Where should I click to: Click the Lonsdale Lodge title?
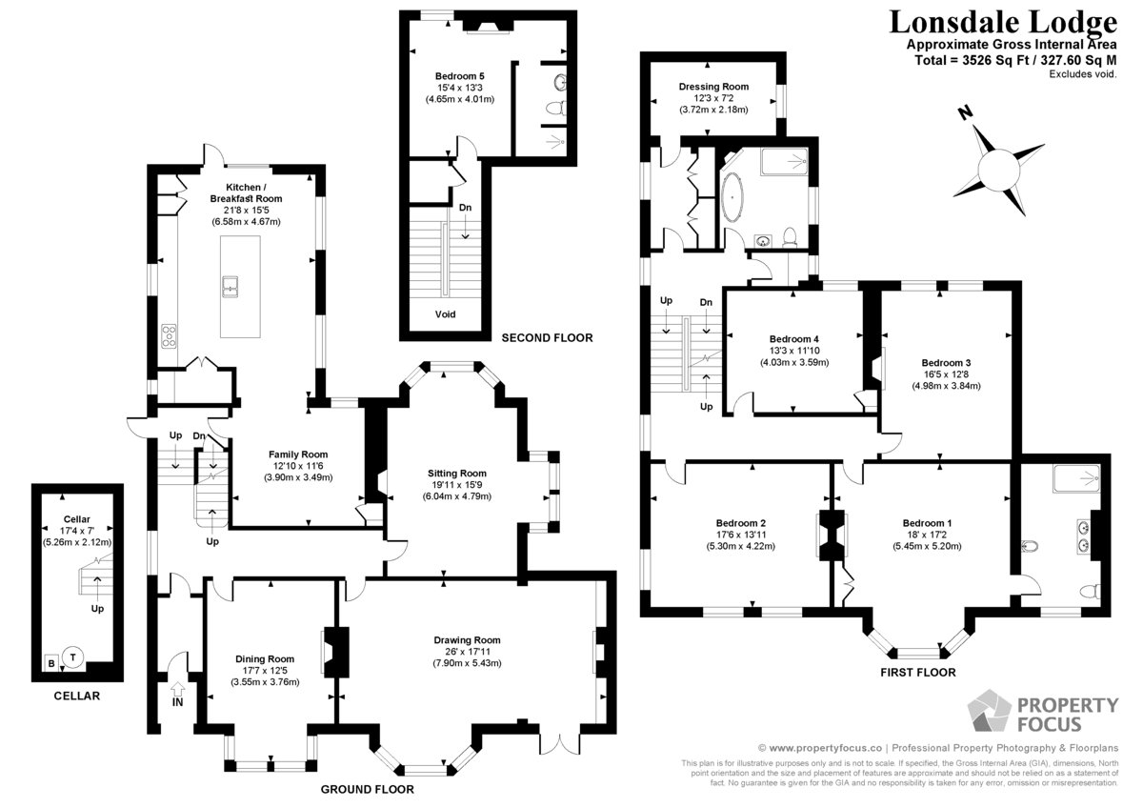tap(1003, 23)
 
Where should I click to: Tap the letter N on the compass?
tap(964, 112)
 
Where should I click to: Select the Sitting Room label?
tap(456, 474)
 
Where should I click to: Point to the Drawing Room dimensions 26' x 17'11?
tap(467, 652)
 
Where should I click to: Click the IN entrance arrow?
tap(177, 689)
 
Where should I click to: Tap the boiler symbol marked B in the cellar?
tap(51, 663)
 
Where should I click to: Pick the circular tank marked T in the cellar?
tap(73, 656)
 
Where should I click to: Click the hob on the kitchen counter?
tap(169, 336)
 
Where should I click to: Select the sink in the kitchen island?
tap(231, 287)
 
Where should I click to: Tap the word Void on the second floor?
tap(445, 314)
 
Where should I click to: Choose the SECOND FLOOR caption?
tap(547, 338)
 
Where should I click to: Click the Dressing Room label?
tap(713, 87)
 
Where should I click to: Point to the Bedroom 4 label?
tap(794, 339)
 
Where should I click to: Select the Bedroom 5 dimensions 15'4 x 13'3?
tap(460, 88)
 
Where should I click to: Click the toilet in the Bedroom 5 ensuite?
tap(555, 109)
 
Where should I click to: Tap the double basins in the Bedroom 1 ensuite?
tap(1085, 535)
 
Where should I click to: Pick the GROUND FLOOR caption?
tap(368, 789)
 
